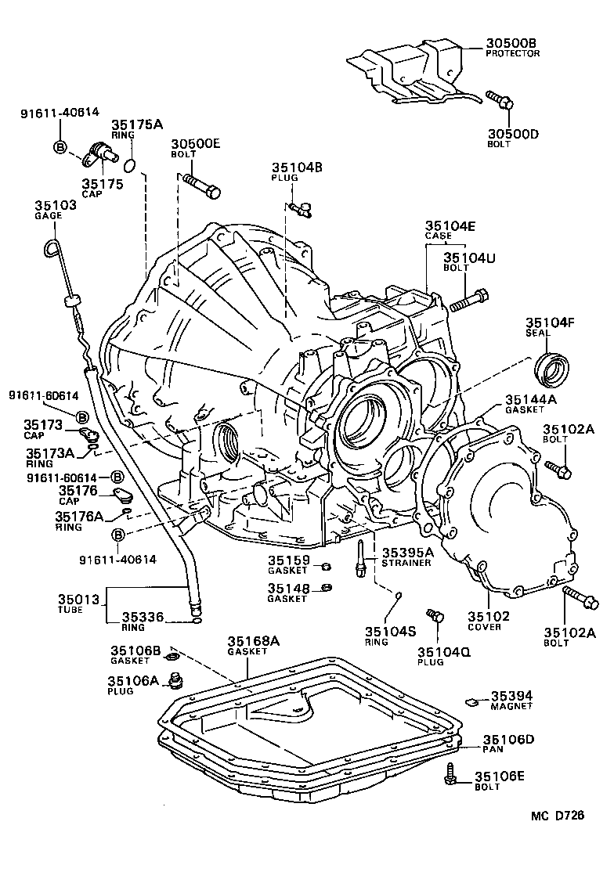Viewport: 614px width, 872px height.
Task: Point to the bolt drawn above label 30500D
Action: tap(498, 100)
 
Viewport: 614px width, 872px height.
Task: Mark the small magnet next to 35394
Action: tap(471, 699)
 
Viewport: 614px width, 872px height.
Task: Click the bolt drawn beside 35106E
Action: tap(452, 774)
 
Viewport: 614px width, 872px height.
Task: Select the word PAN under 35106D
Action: tap(493, 750)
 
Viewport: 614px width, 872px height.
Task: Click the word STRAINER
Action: tap(406, 564)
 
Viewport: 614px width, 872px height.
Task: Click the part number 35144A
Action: tap(530, 398)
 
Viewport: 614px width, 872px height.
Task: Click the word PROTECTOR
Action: tap(512, 54)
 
